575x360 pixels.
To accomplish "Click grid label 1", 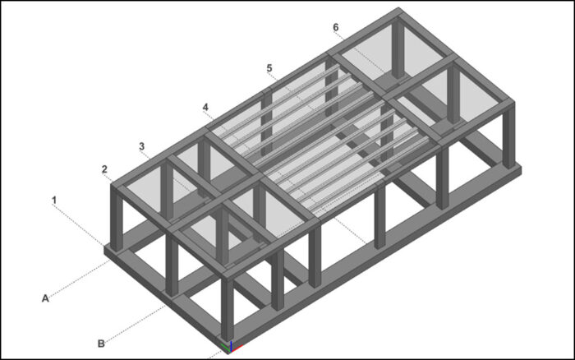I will tap(54, 200).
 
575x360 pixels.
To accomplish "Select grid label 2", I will tap(104, 169).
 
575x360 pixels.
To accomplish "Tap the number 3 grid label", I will tap(141, 146).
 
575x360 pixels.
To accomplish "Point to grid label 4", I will tap(205, 107).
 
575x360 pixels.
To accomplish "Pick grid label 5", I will tap(269, 67).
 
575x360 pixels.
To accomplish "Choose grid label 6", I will tap(335, 27).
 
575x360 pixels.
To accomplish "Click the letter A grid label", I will tap(46, 298).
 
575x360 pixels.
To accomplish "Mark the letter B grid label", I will tap(101, 344).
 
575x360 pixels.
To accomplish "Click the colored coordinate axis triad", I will tap(229, 346).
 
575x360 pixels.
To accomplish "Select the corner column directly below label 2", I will tap(117, 218).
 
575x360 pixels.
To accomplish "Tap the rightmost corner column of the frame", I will tap(510, 136).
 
